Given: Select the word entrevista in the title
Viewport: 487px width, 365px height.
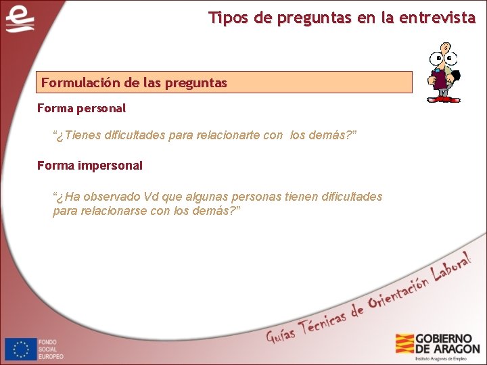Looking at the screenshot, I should point(442,18).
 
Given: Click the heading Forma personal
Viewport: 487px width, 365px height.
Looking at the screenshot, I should point(81,108).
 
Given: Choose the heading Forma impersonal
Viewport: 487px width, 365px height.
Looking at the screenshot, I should point(89,165).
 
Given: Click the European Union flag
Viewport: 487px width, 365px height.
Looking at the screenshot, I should point(21,349).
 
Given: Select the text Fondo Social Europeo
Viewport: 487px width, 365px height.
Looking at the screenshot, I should point(51,349).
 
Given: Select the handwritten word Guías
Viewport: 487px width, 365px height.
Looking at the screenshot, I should point(281,333).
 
